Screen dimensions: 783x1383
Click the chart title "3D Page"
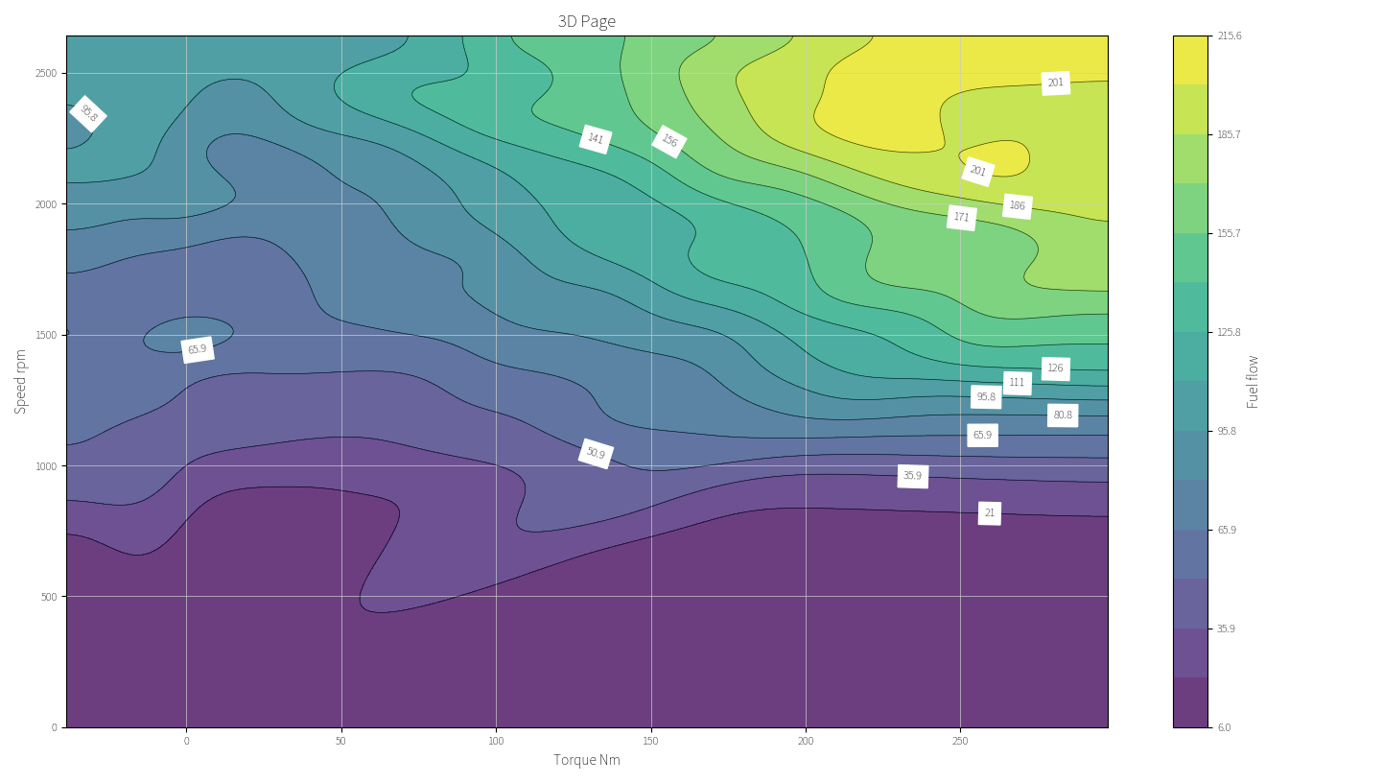pos(587,21)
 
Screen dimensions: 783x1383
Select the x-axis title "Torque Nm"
pos(587,760)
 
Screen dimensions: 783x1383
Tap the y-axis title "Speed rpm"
pos(21,381)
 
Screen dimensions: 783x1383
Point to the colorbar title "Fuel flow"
pos(1253,381)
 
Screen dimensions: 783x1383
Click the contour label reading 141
pos(596,139)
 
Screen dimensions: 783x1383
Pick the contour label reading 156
pos(669,141)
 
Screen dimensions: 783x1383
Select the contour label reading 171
pos(961,218)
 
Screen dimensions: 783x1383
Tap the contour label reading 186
pos(1017,206)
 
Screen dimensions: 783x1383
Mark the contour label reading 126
pos(1055,368)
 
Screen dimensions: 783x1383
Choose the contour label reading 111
pos(1017,383)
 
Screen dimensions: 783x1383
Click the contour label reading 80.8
pos(1063,415)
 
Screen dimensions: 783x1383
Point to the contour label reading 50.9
pos(596,454)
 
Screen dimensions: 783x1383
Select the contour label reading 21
pos(990,513)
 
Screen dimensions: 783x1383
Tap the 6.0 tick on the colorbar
pos(1224,727)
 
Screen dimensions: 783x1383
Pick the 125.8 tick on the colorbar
pos(1229,332)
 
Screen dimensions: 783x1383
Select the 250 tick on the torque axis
pos(960,741)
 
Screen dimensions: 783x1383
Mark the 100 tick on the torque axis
pos(496,741)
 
